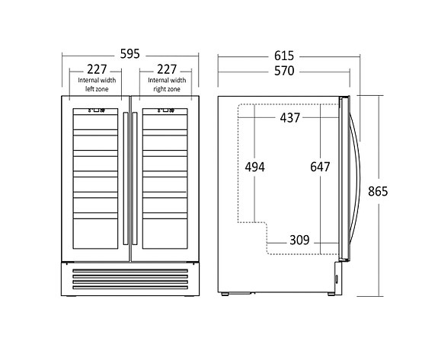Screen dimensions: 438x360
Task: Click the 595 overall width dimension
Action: (129, 53)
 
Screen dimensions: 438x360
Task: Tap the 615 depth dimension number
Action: (284, 56)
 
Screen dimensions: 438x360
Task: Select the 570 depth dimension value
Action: (284, 71)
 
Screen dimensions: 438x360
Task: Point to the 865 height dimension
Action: (378, 192)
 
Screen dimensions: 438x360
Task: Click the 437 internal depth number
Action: (290, 118)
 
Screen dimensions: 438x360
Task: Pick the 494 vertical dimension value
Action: (254, 167)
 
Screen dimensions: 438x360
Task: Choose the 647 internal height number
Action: (320, 167)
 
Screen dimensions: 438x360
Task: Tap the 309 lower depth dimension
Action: (299, 240)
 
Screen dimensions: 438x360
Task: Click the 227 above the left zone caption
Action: (97, 69)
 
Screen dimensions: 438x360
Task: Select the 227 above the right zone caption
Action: (167, 69)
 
